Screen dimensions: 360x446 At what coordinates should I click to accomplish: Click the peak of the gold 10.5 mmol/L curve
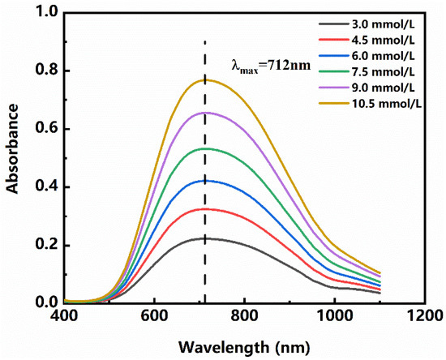click(205, 79)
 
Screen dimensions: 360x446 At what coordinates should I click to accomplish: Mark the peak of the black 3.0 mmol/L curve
click(205, 238)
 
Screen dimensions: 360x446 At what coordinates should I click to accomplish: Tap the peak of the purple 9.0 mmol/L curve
click(205, 112)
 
